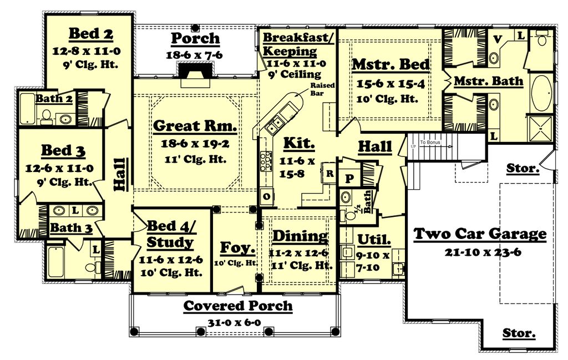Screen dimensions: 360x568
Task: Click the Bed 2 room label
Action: coord(91,34)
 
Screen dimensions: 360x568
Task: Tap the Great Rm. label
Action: coord(195,126)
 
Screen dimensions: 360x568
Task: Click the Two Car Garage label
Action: coord(480,234)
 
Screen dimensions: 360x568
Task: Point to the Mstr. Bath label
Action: coord(488,81)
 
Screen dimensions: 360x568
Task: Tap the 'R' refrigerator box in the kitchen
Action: coord(329,173)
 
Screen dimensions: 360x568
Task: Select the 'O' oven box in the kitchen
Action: coord(266,196)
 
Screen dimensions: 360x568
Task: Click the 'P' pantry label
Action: coord(349,178)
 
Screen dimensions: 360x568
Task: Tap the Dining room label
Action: coord(300,236)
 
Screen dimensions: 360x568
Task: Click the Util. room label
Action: coord(374,240)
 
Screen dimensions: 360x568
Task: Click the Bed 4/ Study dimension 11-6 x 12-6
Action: coord(170,258)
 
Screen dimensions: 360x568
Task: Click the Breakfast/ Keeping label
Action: coord(298,44)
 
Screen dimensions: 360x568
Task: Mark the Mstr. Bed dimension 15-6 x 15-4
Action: coord(391,84)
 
